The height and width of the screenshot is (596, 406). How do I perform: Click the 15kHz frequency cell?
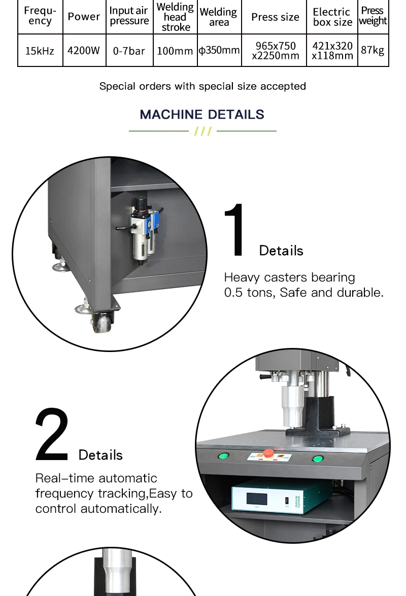40,51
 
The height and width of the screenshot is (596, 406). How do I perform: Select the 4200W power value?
84,51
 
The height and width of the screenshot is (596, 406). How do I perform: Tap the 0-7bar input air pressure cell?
129,51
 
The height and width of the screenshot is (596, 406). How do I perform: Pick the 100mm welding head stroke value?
175,51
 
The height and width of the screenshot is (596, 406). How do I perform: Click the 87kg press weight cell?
373,50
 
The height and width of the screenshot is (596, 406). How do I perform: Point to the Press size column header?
275,17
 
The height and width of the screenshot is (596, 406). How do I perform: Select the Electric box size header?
332,17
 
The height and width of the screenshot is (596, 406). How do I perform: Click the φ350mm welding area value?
219,50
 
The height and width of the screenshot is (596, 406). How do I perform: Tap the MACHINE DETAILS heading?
202,114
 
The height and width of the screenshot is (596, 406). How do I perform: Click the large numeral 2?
52,435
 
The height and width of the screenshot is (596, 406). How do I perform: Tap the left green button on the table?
223,455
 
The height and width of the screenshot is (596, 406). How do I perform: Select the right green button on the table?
318,459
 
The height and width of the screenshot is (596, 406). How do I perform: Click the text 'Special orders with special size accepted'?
202,86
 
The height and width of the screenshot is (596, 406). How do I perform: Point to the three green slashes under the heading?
202,131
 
